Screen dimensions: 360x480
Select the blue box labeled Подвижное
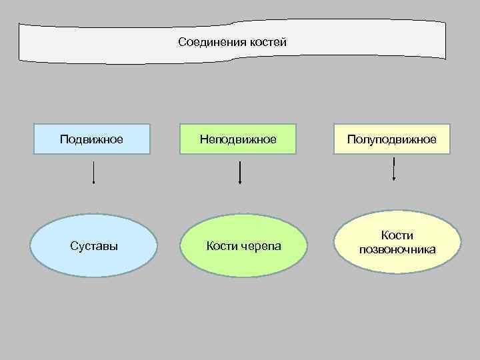92,139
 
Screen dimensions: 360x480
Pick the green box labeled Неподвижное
239,139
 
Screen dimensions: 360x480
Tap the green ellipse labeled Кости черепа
244,245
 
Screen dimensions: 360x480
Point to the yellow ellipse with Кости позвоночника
398,242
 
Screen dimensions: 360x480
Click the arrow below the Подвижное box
93,171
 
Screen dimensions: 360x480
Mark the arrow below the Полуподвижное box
394,169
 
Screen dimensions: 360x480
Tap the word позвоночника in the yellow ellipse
398,249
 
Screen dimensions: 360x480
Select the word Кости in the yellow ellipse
397,235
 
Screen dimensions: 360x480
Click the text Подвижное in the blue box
91,139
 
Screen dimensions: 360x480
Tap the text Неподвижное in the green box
239,139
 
